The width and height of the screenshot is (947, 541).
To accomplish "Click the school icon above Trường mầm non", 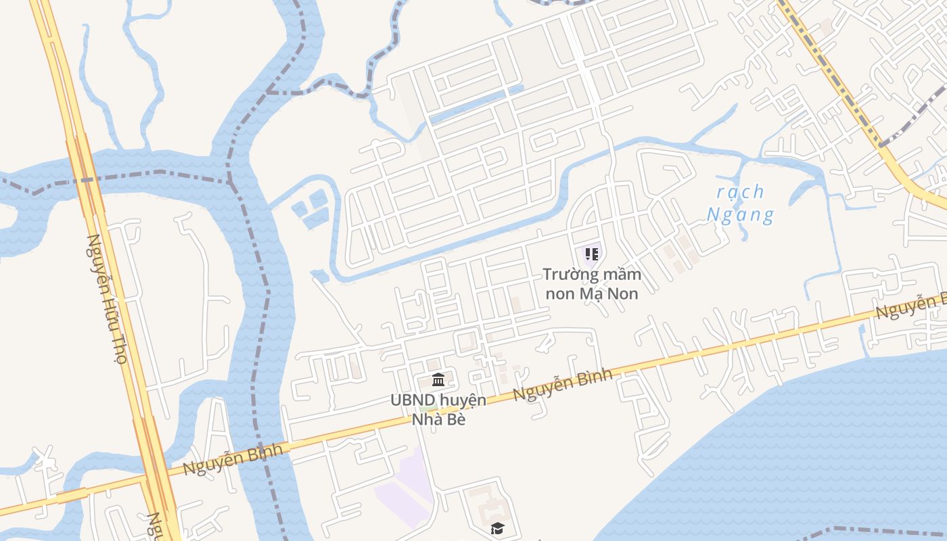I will [592, 254].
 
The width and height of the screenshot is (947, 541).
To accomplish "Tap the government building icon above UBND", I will [438, 379].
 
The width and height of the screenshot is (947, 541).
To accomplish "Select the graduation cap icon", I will [498, 528].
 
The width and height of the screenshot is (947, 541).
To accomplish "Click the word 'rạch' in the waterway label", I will [741, 192].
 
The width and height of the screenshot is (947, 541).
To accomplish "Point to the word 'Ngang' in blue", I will [740, 216].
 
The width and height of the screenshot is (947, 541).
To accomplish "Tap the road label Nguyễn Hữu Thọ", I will [107, 299].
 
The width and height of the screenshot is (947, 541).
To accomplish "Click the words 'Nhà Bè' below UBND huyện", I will [438, 419].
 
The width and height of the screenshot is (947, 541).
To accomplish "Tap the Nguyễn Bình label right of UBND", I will [562, 384].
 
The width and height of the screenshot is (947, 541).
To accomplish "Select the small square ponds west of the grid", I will [310, 207].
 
